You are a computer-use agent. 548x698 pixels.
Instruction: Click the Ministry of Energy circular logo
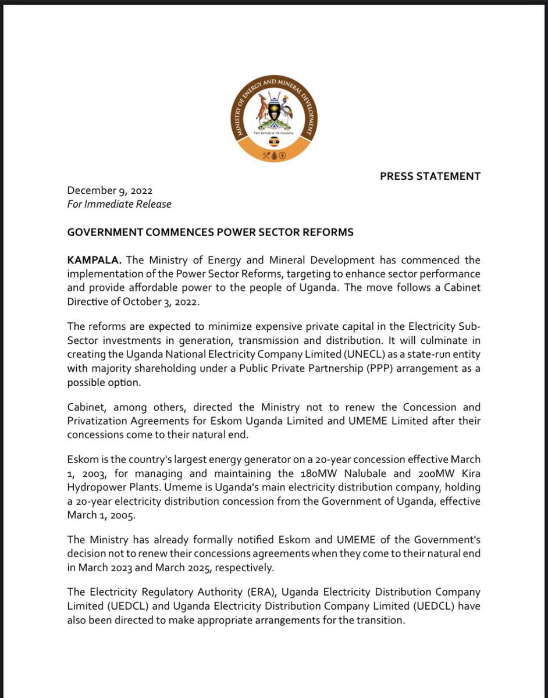point(274,119)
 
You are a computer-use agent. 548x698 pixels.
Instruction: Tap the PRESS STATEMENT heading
point(430,176)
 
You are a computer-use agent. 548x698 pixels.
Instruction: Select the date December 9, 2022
point(110,190)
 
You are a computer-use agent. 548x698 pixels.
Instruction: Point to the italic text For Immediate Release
point(119,204)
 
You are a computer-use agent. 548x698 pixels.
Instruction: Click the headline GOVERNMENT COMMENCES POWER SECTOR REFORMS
point(210,232)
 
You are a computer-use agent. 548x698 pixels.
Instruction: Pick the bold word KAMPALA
point(90,260)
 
